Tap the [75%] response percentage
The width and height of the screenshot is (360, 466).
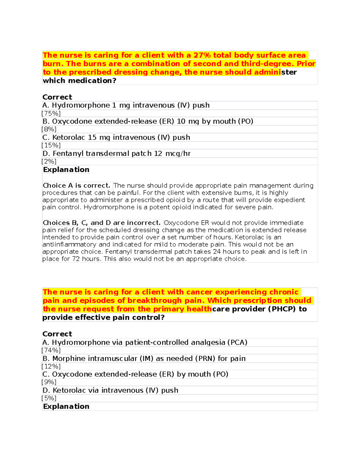click(x=51, y=113)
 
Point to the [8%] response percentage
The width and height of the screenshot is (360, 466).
click(x=49, y=129)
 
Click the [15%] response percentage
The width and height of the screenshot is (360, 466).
click(x=51, y=145)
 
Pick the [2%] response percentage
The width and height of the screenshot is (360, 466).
click(x=49, y=161)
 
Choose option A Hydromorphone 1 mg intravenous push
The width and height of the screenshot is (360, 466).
click(x=126, y=105)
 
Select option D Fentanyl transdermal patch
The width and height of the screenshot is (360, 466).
click(x=116, y=154)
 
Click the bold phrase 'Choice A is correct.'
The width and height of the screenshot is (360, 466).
click(x=77, y=185)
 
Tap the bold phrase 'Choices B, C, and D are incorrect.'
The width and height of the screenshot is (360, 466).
click(x=102, y=223)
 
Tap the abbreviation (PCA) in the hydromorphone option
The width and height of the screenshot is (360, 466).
click(x=237, y=342)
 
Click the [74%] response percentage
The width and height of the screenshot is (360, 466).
click(x=51, y=350)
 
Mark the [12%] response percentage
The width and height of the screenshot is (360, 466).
click(x=51, y=366)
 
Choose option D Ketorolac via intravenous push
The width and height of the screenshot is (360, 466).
click(x=110, y=390)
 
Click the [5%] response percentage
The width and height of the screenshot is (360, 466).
click(x=49, y=398)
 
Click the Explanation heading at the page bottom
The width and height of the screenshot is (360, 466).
click(x=66, y=406)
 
